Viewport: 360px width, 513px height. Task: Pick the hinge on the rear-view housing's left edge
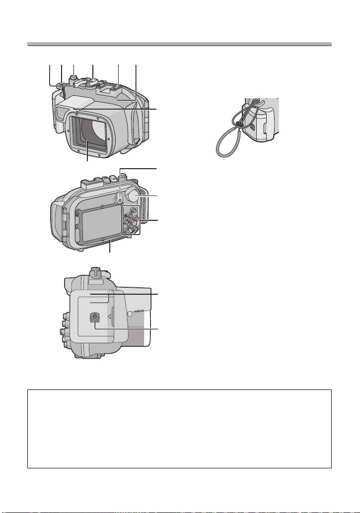tap(64, 223)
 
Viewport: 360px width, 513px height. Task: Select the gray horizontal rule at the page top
tap(179, 45)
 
